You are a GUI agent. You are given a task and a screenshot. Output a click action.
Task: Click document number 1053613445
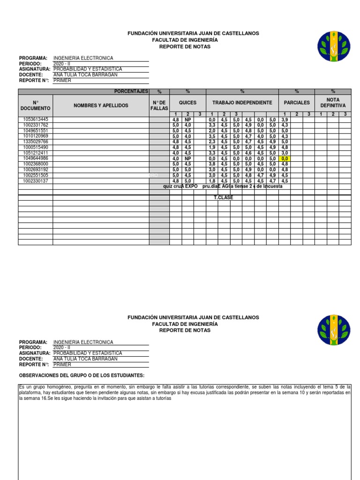pos(36,120)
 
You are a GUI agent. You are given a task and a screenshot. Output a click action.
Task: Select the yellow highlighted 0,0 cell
pos(285,159)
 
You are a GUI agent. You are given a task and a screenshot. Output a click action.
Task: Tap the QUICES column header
pos(187,103)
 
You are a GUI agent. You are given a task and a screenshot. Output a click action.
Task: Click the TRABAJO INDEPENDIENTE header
pos(242,103)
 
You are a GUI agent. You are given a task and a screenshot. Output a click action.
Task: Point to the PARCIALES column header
pos(297,103)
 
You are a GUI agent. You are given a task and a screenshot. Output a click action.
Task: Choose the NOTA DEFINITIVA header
pos(333,103)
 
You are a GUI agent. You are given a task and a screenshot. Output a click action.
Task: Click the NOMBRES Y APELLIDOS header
pos(101,106)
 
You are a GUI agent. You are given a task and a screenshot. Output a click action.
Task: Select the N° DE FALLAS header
pos(159,106)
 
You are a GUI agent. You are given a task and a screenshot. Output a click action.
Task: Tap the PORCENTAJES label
pos(131,91)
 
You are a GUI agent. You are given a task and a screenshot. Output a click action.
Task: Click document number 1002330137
pos(36,181)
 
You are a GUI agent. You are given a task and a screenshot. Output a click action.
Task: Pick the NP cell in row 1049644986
pos(187,159)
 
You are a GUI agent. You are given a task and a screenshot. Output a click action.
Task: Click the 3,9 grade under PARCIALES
pos(285,120)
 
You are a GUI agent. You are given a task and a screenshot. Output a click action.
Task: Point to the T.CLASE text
pos(224,198)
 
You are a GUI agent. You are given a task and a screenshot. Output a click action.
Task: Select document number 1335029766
pos(36,142)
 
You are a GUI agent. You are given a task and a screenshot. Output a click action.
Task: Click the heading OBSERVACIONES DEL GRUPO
pos(82,376)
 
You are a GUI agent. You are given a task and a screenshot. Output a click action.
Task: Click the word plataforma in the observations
pos(32,393)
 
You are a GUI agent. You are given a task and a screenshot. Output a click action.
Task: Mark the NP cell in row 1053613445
pos(187,120)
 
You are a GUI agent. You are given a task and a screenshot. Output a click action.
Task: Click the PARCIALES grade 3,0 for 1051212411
pos(285,153)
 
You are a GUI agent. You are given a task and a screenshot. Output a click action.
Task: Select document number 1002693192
pos(36,170)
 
